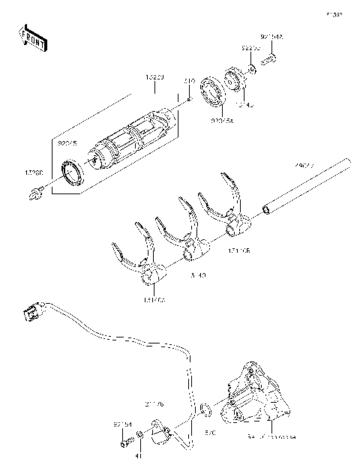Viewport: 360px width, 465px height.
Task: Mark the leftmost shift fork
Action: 139,259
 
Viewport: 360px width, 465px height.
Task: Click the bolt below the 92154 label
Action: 123,442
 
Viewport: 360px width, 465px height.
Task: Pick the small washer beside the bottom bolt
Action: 139,436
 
